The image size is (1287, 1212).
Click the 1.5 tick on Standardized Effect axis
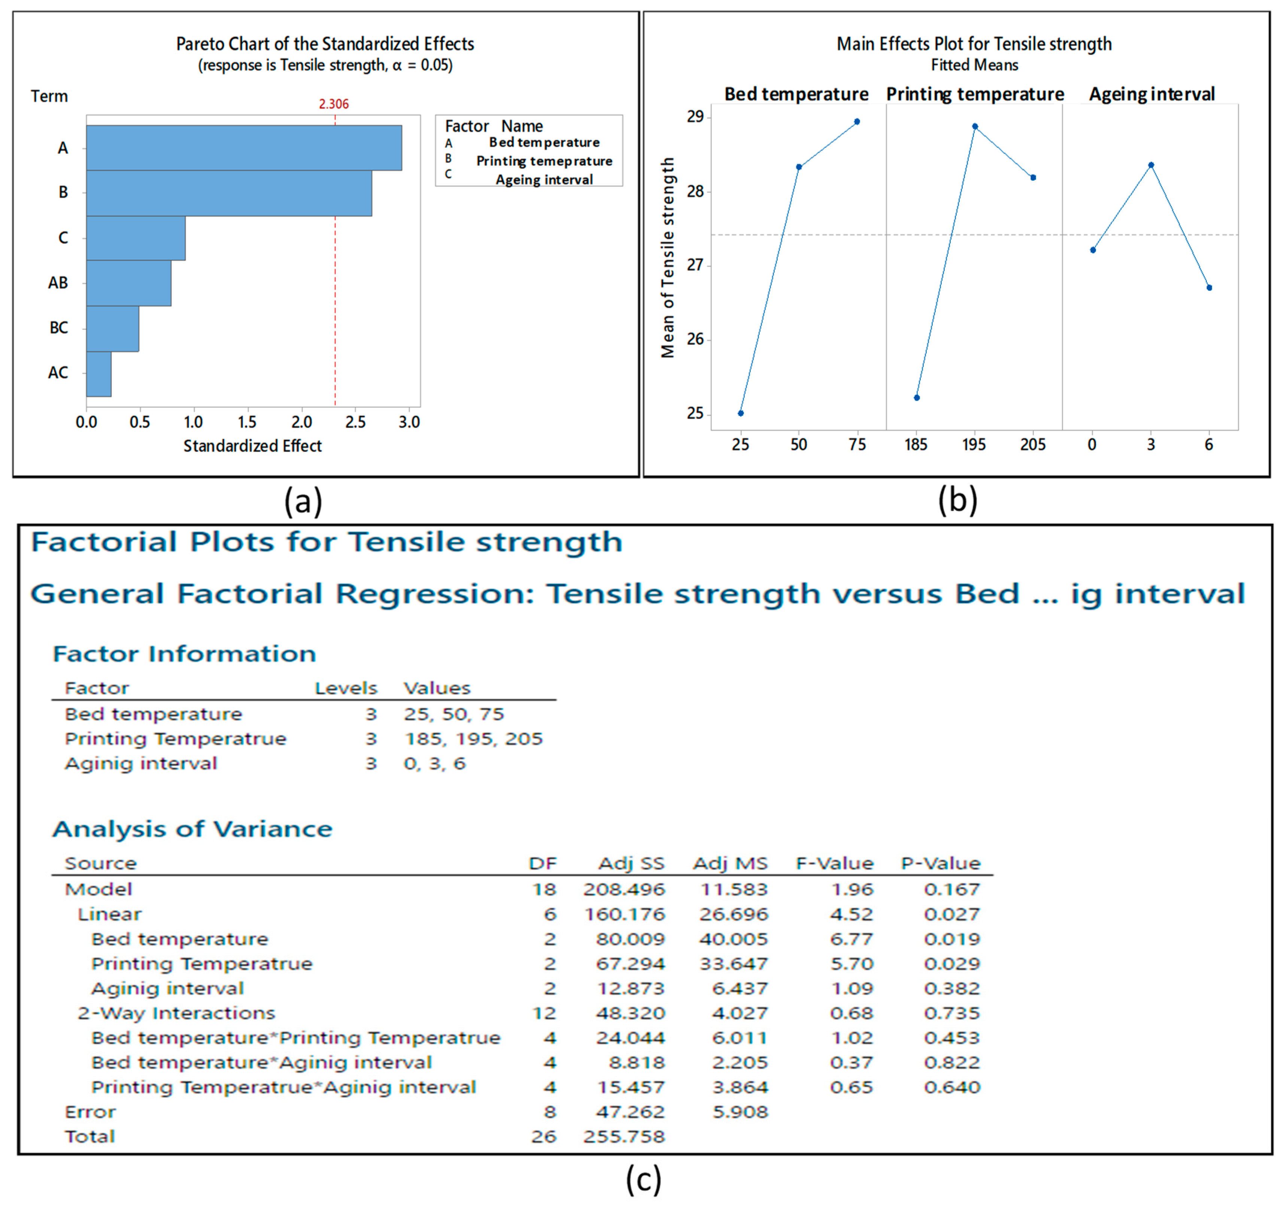point(247,422)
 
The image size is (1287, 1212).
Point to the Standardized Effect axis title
point(252,446)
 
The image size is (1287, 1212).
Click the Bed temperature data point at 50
point(799,167)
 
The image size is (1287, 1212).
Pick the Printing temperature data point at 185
point(917,398)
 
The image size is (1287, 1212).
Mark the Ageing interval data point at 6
point(1209,288)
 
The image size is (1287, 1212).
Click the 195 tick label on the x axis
point(974,444)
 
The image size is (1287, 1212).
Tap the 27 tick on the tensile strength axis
point(695,265)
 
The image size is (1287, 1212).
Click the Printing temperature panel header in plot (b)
point(975,94)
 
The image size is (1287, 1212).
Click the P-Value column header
point(941,864)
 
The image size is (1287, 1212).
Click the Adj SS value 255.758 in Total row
point(624,1136)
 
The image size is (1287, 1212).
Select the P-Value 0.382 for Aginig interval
point(951,988)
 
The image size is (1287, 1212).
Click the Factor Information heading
point(185,654)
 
